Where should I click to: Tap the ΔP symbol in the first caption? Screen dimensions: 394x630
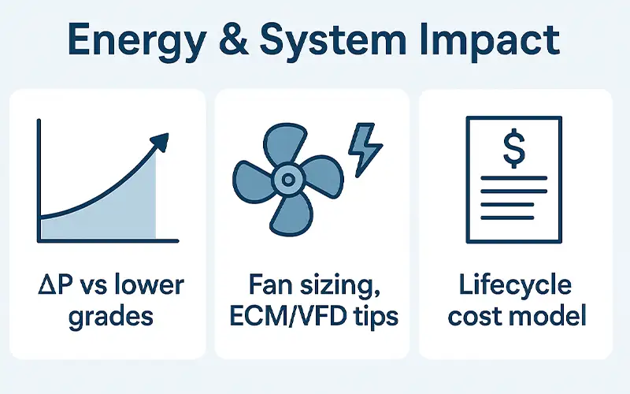coord(54,285)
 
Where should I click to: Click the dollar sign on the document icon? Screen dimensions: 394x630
coord(513,148)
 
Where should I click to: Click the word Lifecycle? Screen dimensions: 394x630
coord(515,285)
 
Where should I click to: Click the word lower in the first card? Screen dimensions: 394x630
coord(148,285)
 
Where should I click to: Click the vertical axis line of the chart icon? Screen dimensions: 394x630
coord(39,181)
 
